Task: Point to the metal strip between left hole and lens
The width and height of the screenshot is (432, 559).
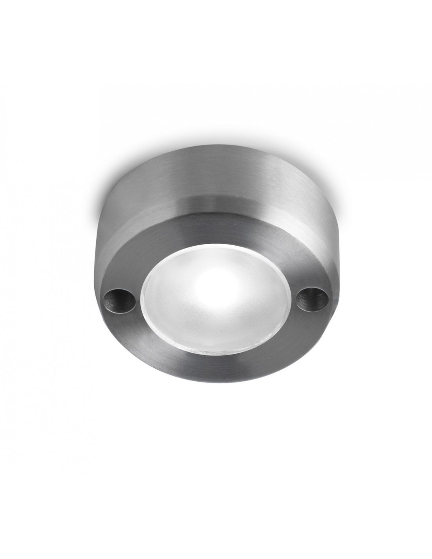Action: coord(136,301)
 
